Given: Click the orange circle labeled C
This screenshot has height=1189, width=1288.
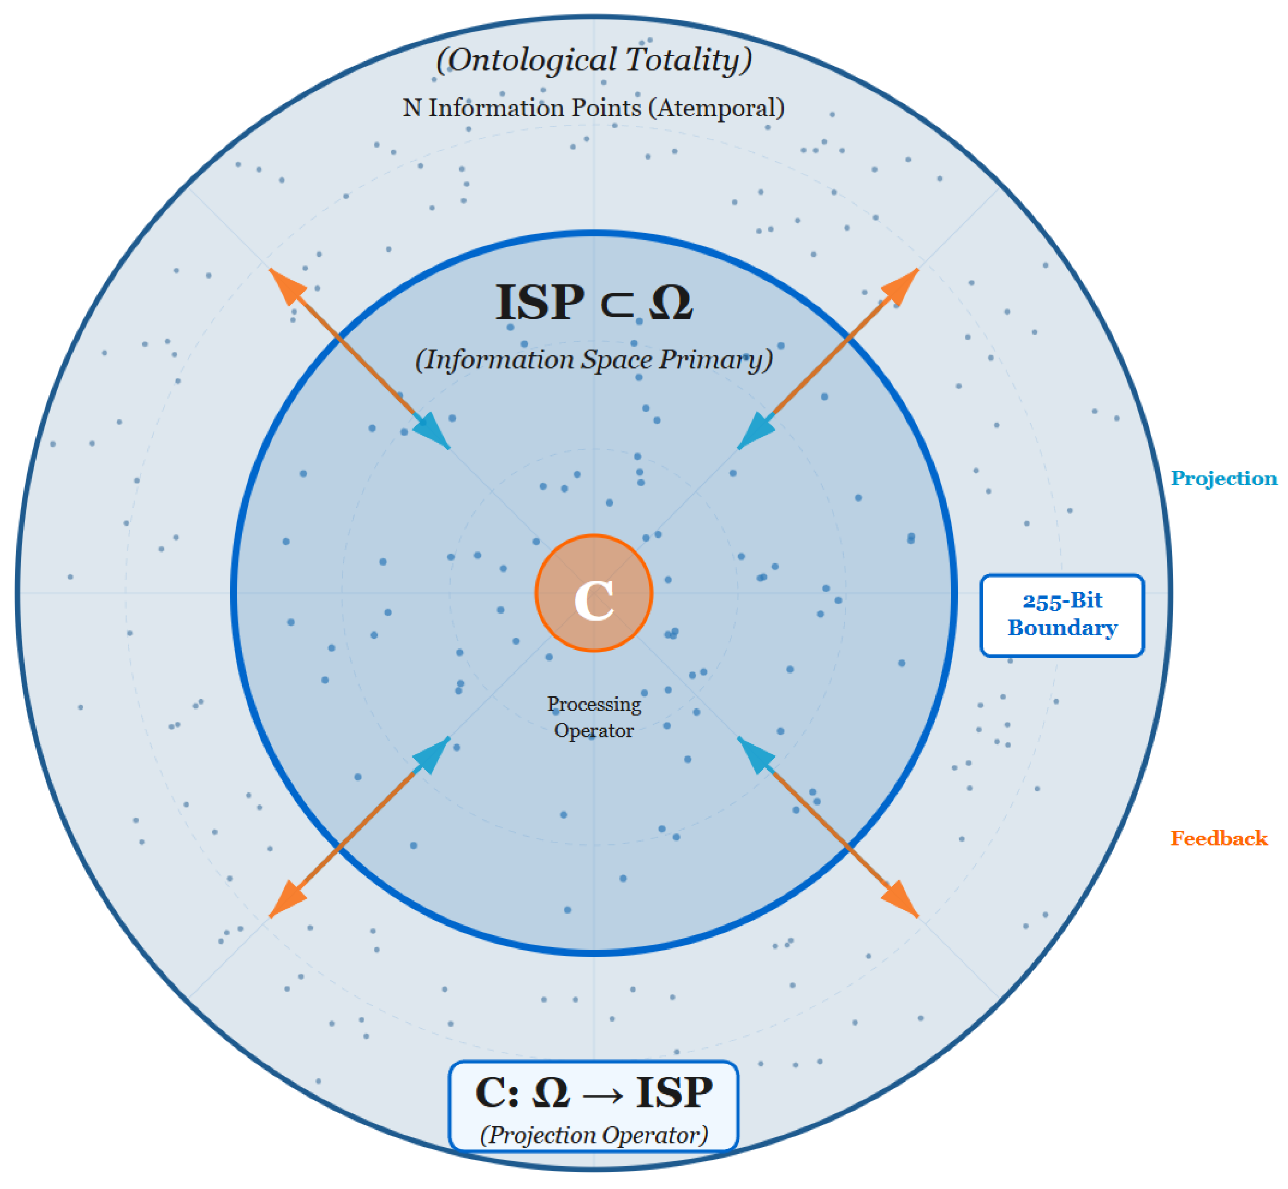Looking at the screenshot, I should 593,593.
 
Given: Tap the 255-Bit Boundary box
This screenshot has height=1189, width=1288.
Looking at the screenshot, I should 1062,615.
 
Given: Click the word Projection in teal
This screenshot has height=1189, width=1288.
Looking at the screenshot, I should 1223,478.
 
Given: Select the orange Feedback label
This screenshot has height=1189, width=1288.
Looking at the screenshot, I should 1218,838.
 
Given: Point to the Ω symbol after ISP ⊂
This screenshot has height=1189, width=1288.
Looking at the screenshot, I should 671,303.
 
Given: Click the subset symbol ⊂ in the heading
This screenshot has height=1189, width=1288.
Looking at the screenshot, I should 616,304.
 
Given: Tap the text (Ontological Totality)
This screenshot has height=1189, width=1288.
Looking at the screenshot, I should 593,60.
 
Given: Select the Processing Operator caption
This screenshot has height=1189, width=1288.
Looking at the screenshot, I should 593,717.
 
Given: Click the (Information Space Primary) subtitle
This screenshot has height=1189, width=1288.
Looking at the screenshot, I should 593,359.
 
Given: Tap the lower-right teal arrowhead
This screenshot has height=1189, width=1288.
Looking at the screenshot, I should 754,754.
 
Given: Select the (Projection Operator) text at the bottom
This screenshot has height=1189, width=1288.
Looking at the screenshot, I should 593,1134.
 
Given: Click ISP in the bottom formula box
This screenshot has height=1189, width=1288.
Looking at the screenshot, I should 674,1092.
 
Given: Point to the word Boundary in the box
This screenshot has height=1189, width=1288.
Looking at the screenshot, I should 1062,627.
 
